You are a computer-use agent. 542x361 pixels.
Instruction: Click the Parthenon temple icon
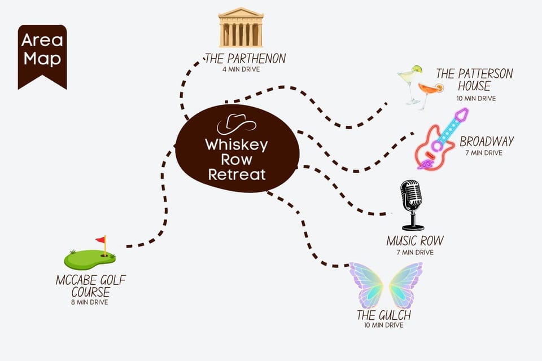tap(241, 27)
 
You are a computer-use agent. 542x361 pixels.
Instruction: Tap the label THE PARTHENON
tap(246, 59)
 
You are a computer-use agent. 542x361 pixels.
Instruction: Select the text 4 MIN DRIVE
tap(241, 69)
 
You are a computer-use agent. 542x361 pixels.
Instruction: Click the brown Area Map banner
tap(42, 56)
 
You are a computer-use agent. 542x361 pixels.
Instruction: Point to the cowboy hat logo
tap(237, 124)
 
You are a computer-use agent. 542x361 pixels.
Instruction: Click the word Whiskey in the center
tap(237, 145)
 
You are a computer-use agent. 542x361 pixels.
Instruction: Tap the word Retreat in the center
tap(237, 174)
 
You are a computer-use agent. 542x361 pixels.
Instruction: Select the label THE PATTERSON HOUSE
tap(474, 80)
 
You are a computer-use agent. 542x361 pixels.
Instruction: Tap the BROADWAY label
tap(487, 141)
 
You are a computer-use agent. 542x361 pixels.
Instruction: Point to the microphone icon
tap(412, 205)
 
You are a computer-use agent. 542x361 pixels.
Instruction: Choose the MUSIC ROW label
tap(415, 241)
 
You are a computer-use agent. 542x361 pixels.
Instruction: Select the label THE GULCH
tap(384, 315)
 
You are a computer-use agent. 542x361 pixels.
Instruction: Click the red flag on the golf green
tap(101, 239)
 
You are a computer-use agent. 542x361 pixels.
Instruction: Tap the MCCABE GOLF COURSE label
tap(90, 285)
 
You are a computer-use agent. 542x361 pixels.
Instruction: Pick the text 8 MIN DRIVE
tap(90, 302)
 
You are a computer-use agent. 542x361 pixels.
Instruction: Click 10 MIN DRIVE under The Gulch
tap(384, 325)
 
